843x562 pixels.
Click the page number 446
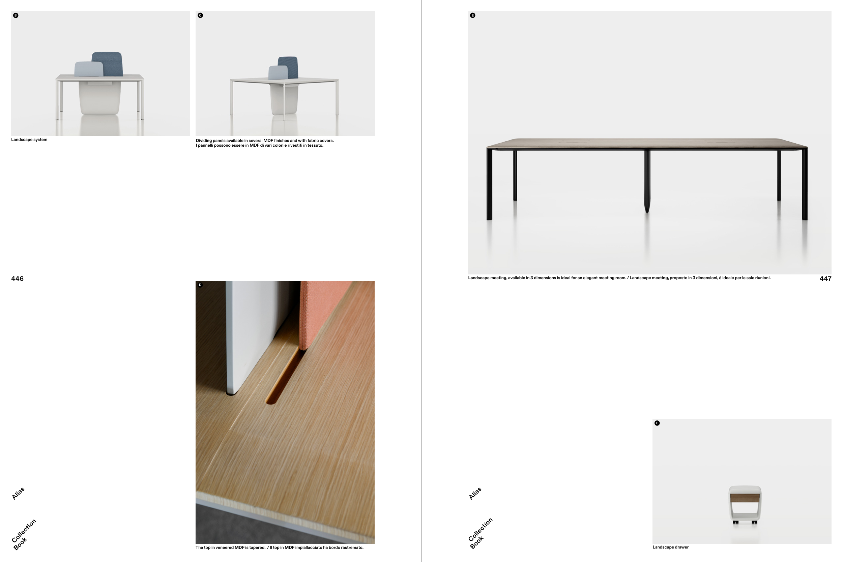tap(17, 278)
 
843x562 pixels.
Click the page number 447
tap(825, 278)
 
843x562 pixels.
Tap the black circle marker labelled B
tap(16, 16)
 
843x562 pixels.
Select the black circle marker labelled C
tap(200, 16)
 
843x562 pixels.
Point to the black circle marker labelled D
tap(200, 285)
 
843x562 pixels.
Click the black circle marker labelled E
tap(473, 16)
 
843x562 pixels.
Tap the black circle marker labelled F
tap(657, 423)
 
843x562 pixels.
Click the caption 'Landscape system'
tap(29, 140)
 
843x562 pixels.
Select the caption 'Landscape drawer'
tap(671, 547)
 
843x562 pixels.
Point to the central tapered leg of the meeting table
tap(647, 181)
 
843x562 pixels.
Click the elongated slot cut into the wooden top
tap(285, 376)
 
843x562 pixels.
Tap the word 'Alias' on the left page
tap(18, 494)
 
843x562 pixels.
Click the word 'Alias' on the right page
tap(475, 494)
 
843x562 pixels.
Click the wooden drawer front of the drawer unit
tap(745, 498)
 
